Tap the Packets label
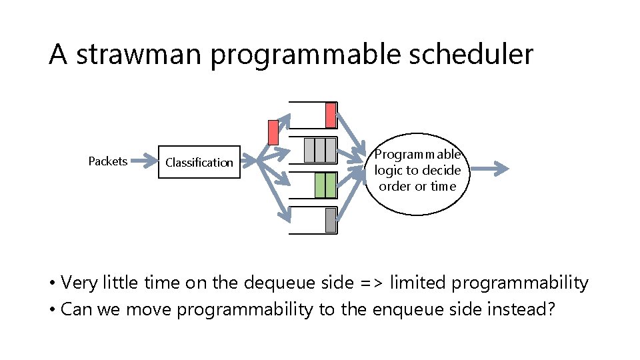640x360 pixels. click(x=107, y=161)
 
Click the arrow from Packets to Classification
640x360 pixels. click(x=141, y=161)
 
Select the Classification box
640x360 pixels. click(x=199, y=162)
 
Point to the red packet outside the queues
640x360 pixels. click(x=272, y=132)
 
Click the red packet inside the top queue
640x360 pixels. click(x=330, y=115)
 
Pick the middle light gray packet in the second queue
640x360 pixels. click(x=319, y=150)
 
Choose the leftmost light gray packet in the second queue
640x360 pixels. click(x=309, y=150)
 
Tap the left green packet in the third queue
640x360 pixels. click(x=320, y=185)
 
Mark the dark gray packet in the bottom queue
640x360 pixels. click(x=331, y=220)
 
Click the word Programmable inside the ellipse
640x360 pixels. click(x=417, y=155)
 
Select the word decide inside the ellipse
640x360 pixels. click(x=442, y=171)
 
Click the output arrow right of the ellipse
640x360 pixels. click(x=493, y=169)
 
